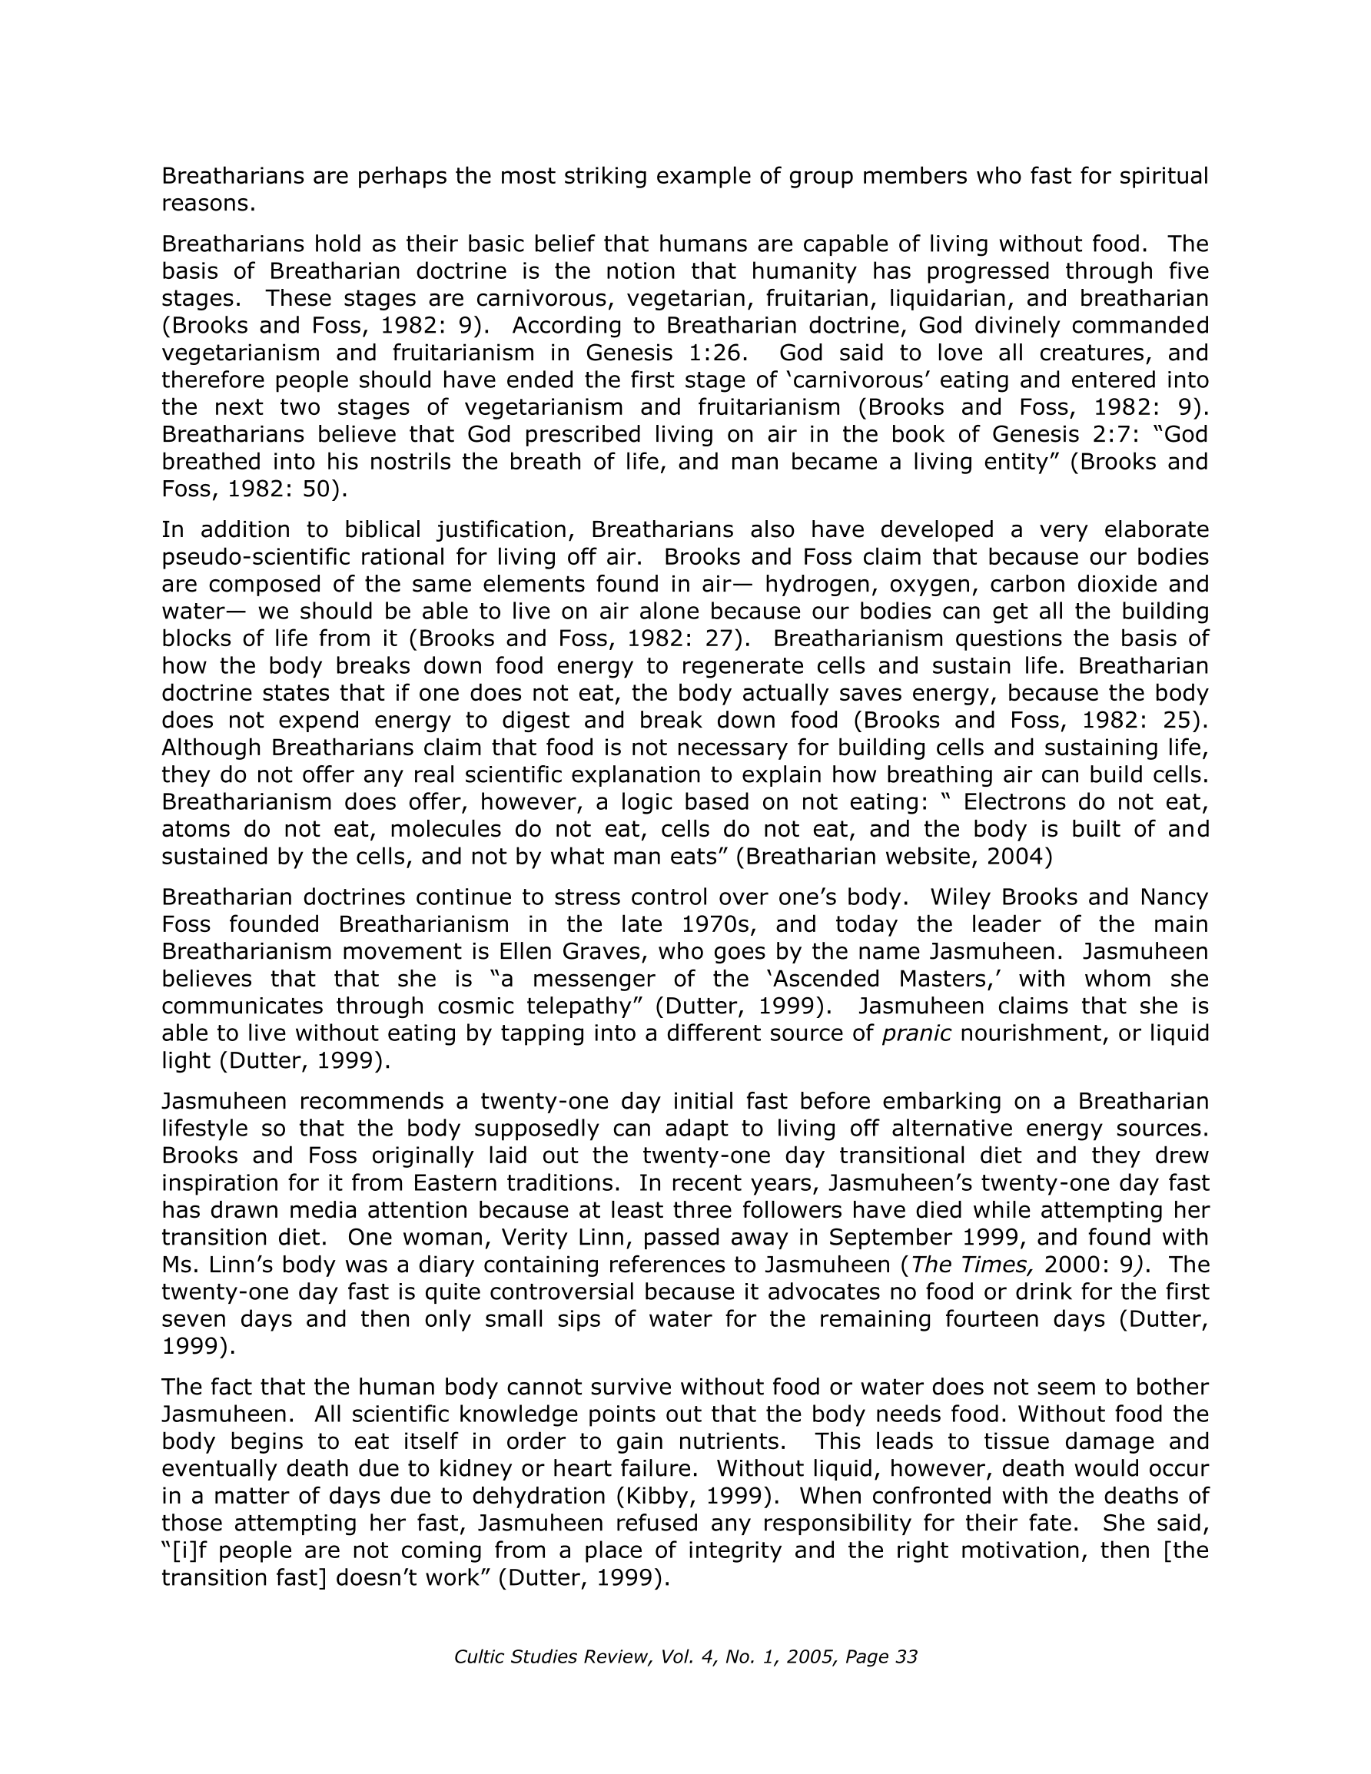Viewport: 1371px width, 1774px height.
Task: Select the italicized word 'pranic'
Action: [x=917, y=1034]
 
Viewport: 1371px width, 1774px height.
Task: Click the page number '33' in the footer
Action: [x=906, y=1657]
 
